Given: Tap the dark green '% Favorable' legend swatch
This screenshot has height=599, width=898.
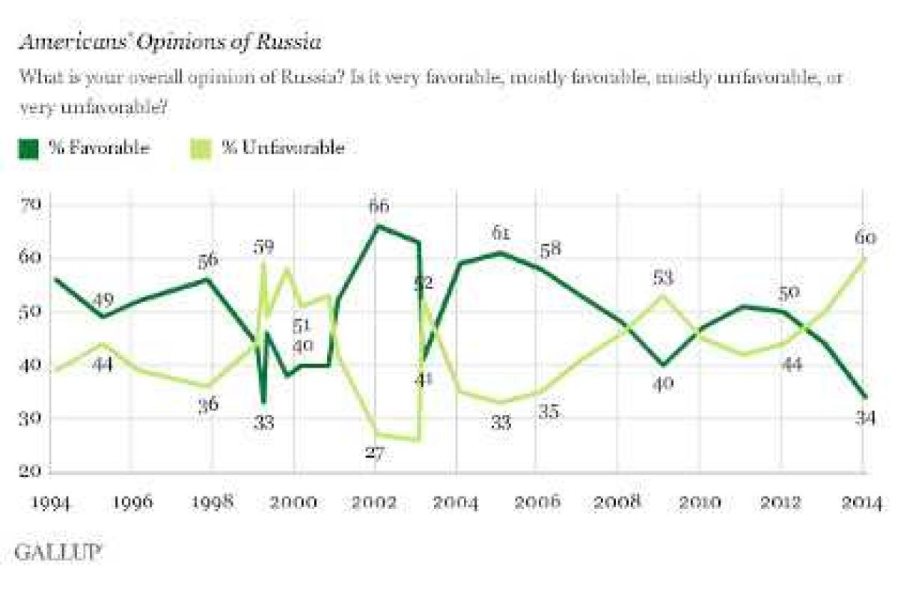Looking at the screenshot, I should tap(28, 148).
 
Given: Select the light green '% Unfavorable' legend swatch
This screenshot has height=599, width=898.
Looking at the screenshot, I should tap(201, 148).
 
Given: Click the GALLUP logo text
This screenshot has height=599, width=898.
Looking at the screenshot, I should tap(58, 553).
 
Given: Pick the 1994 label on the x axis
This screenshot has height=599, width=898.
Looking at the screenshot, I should tap(52, 501).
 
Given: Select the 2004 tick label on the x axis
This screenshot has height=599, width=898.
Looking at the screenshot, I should tap(457, 501).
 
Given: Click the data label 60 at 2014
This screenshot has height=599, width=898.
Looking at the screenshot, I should tap(863, 240).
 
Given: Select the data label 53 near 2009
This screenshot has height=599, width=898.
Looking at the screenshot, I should tap(663, 279).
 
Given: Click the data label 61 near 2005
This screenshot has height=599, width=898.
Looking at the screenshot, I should tap(501, 234).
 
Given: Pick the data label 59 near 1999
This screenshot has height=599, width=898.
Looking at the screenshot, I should tap(263, 246).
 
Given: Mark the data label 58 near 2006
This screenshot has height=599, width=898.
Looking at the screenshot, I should tap(552, 250).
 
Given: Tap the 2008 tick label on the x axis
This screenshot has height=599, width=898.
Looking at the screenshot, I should tap(619, 501).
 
